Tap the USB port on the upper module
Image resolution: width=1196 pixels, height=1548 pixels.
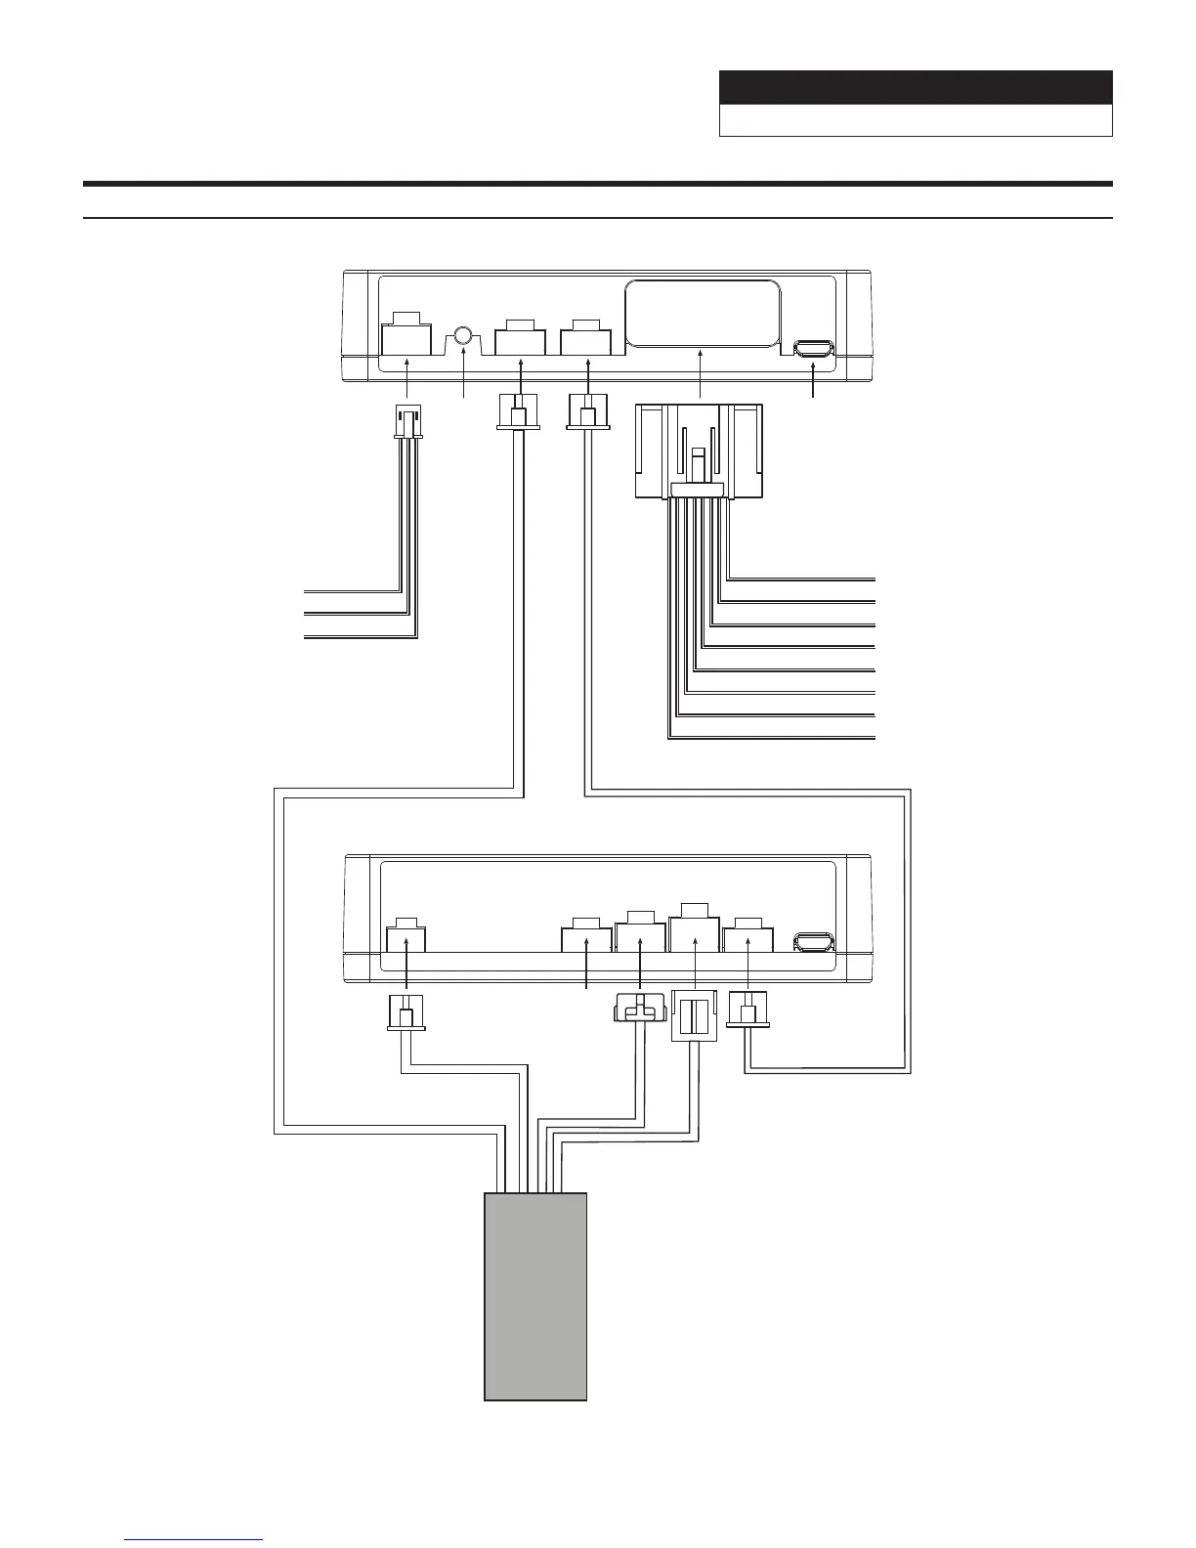[x=814, y=349]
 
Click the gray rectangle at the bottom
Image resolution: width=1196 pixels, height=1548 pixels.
[x=535, y=1296]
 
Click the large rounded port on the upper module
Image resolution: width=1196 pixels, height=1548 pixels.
[x=702, y=313]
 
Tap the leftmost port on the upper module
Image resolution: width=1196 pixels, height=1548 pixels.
[x=406, y=336]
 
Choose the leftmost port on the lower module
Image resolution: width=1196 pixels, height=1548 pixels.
[x=406, y=938]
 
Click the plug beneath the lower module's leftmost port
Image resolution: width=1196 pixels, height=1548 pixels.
[x=406, y=1012]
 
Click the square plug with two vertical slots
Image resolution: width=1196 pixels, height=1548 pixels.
[x=694, y=1016]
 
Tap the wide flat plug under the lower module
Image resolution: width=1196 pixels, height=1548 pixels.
[x=639, y=1009]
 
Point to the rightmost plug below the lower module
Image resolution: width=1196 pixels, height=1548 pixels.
[x=748, y=1010]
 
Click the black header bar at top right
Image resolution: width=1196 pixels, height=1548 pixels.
[x=916, y=87]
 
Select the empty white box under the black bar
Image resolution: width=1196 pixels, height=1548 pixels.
[x=916, y=120]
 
